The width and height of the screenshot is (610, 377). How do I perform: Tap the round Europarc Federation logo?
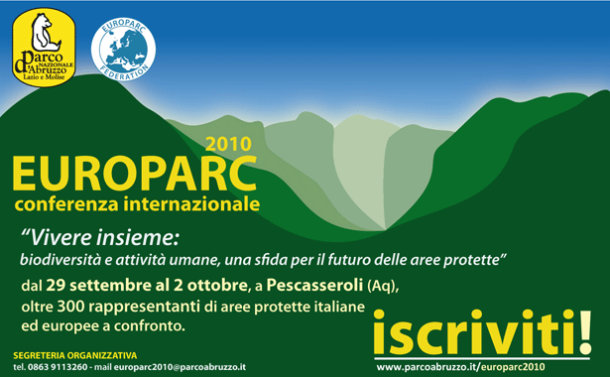122,46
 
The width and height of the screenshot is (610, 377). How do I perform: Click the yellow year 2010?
229,143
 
